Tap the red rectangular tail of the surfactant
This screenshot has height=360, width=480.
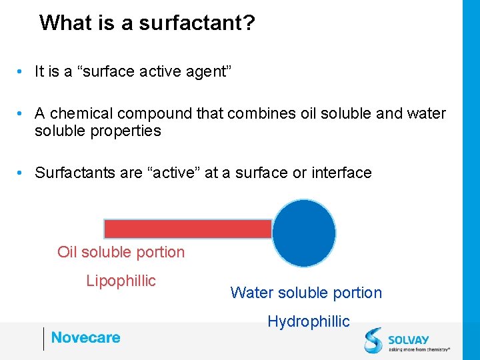[x=188, y=229]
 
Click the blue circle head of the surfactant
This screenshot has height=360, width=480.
[x=304, y=233]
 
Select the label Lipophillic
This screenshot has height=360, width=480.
[x=121, y=281]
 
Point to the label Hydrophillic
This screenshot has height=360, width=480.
[x=308, y=321]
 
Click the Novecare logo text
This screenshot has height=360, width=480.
[x=85, y=337]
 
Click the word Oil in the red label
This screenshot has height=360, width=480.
[x=67, y=252]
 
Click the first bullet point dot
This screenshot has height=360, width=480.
[x=22, y=72]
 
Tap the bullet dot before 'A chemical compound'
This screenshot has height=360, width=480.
[x=22, y=114]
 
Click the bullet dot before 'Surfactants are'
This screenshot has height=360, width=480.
[x=22, y=173]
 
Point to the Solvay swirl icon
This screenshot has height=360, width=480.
[x=373, y=339]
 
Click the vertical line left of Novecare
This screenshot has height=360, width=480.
[x=44, y=339]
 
